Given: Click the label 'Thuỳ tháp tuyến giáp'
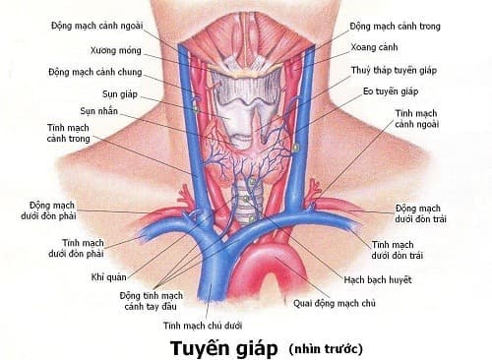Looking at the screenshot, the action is pos(394,71).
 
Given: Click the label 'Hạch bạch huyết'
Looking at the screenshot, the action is pos(376,281).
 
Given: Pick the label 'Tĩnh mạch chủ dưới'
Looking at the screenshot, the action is pos(204,325).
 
